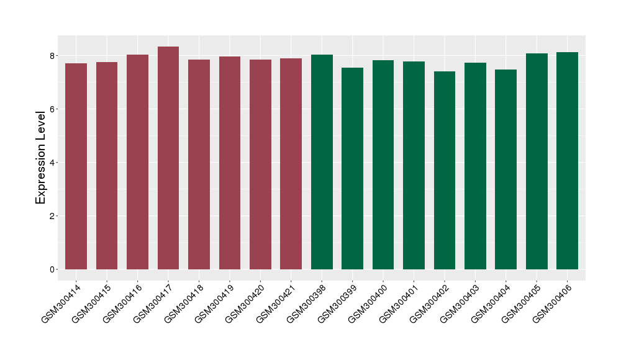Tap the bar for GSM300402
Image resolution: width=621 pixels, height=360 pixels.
coord(445,171)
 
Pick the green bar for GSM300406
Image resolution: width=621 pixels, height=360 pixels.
coord(567,161)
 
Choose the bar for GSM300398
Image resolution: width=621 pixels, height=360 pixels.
coord(322,162)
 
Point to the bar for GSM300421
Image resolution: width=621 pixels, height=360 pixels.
coord(291,164)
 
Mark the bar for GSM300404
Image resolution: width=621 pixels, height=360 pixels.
coord(505,169)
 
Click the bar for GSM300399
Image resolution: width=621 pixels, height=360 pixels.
coord(352,169)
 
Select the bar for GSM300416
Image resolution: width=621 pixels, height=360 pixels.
coord(137,162)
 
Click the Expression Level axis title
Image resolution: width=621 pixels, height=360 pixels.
coord(41,157)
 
